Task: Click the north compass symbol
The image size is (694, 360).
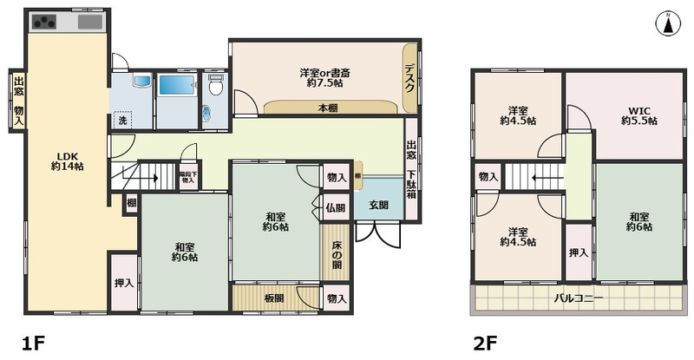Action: [x=669, y=23]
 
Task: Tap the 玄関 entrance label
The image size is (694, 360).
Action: [x=378, y=206]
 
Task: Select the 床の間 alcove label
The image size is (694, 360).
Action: [x=337, y=253]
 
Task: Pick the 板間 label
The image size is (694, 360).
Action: [x=275, y=298]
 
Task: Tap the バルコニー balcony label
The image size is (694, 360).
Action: [x=579, y=299]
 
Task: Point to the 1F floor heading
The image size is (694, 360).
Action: [x=32, y=343]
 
